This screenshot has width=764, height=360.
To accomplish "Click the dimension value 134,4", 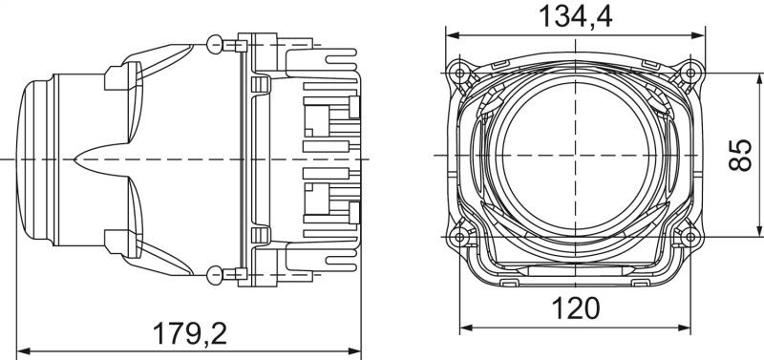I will [x=576, y=15].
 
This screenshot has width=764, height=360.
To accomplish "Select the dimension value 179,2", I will [x=190, y=333].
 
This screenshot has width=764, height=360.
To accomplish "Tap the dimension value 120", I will [x=576, y=308].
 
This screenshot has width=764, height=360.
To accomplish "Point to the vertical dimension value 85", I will [x=739, y=153].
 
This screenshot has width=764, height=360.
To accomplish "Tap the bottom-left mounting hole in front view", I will [x=461, y=235].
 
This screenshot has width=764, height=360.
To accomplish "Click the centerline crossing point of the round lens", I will [x=576, y=154].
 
